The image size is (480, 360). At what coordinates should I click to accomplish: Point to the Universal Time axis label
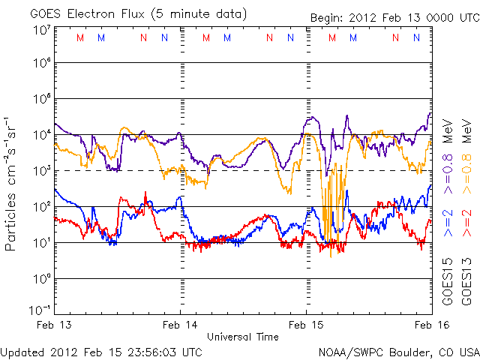(242, 337)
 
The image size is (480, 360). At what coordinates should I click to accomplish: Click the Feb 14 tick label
(180, 326)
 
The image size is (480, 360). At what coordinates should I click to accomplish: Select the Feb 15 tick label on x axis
(306, 326)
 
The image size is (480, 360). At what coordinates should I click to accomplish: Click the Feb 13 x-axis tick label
(55, 326)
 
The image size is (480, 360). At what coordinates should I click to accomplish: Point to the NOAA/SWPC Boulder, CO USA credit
(397, 351)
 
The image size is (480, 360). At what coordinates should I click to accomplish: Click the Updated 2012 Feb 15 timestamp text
(101, 351)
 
